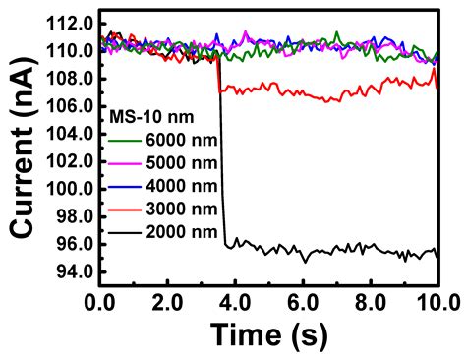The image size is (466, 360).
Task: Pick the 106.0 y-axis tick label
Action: (70, 105)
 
